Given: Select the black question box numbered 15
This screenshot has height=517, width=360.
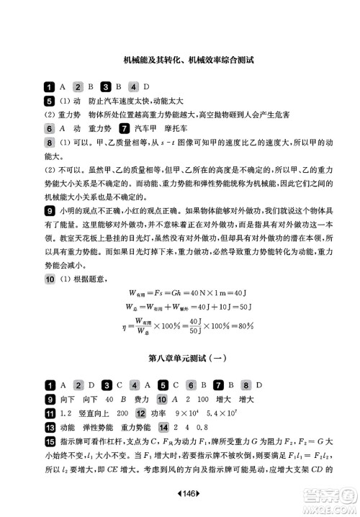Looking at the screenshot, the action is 50,441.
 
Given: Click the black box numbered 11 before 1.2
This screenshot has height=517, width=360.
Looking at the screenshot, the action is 50,413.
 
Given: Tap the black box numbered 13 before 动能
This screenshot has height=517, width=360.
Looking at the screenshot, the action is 50,427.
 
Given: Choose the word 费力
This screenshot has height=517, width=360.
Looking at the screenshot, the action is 142,398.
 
